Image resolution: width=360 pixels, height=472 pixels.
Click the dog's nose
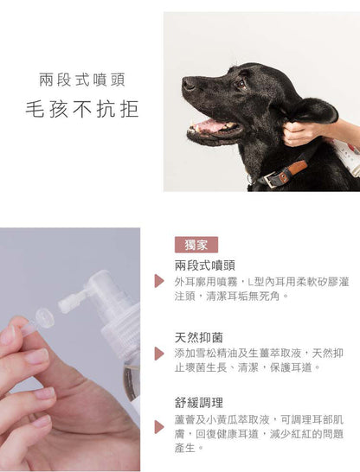tap(188, 85)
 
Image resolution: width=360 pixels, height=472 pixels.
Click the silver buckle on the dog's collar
tap(271, 179)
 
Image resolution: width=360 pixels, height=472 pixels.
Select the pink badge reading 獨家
tap(196, 245)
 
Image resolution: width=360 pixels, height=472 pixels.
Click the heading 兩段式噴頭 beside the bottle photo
tap(205, 265)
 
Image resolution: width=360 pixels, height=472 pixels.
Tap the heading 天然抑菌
tap(199, 337)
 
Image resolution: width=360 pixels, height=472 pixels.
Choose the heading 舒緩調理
tap(199, 402)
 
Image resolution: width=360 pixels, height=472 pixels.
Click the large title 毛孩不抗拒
tap(82, 109)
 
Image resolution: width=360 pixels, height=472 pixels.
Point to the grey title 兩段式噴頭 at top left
tap(82, 80)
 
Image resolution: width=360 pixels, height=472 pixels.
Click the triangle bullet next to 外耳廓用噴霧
tap(159, 281)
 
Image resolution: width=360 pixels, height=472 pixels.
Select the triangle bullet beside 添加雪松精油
tap(159, 354)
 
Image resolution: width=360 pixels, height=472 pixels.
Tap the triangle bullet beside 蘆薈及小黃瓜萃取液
tap(159, 427)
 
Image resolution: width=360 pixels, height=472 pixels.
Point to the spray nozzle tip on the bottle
tap(71, 300)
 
